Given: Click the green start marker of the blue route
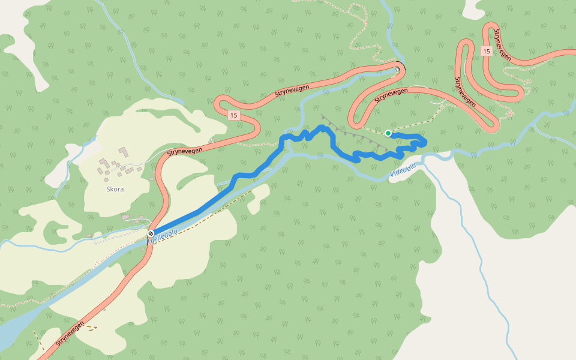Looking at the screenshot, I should point(388,133).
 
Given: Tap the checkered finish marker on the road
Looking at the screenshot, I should point(151,233).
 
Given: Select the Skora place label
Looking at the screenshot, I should point(115,189).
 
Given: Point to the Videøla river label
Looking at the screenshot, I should point(402,173).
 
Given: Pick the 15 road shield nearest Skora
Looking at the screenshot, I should point(233,115).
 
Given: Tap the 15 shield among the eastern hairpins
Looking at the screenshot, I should point(486,52).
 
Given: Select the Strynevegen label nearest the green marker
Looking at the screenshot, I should point(391,94).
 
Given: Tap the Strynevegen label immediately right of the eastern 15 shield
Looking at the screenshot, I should point(502,44).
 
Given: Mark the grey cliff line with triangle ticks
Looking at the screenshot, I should point(354,132).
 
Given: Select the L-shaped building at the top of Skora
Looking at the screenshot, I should point(123,151).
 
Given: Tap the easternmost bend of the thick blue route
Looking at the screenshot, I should point(425,142).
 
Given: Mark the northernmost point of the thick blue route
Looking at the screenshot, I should point(322,127).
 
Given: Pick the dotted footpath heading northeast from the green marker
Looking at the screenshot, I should point(420,122).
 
